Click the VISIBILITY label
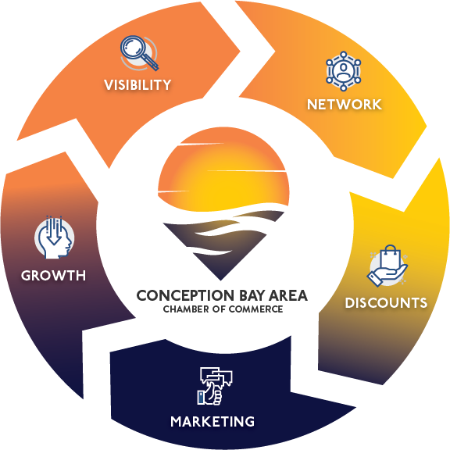click(x=137, y=85)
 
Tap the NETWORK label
click(x=345, y=105)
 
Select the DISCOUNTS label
click(x=386, y=303)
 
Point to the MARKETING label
click(x=212, y=422)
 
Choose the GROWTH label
click(x=53, y=276)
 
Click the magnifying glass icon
click(x=139, y=53)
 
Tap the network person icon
click(x=344, y=71)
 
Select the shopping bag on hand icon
click(x=387, y=266)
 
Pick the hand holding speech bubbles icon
click(x=215, y=386)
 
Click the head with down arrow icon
click(x=55, y=237)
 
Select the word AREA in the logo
click(x=289, y=295)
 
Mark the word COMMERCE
click(x=256, y=309)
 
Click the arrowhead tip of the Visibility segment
click(x=240, y=52)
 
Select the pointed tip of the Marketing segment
click(x=356, y=407)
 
